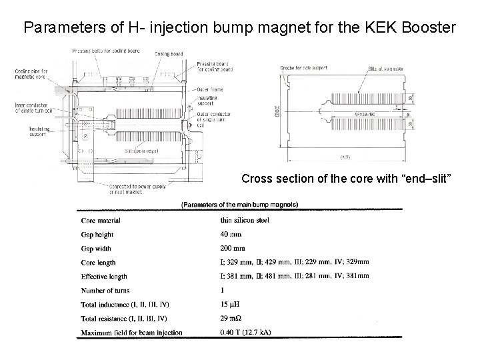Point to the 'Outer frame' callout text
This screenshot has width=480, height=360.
(213, 89)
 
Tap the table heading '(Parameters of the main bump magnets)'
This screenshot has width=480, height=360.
(239, 204)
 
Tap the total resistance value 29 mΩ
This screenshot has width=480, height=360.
(231, 318)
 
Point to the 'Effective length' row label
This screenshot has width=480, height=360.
(108, 276)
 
